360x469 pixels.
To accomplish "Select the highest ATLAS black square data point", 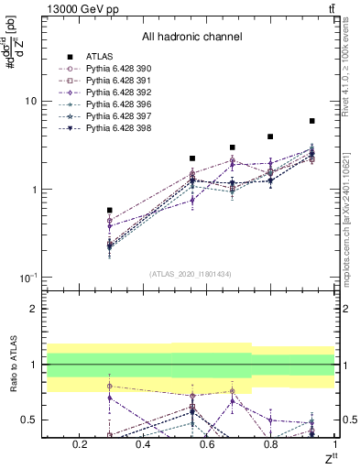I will [x=311, y=121].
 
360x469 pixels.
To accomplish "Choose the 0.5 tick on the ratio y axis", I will [x=30, y=420].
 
